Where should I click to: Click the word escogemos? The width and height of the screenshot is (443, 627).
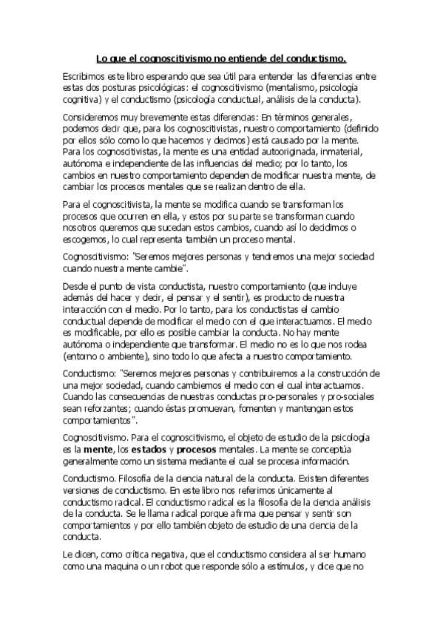tap(87, 239)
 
